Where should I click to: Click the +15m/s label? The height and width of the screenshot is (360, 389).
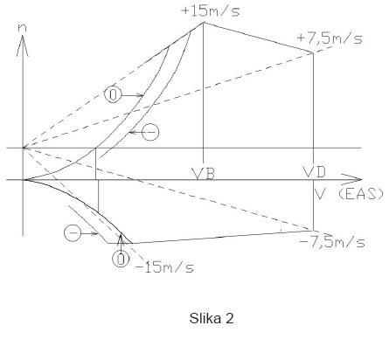click(211, 11)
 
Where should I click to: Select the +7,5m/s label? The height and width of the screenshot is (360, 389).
click(330, 38)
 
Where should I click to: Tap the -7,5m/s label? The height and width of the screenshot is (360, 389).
click(332, 242)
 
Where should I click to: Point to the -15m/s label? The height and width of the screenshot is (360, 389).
click(164, 267)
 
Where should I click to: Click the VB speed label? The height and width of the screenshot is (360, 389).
click(204, 173)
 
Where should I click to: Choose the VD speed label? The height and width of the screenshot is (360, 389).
click(314, 172)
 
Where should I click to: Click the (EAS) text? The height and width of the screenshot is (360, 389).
click(361, 194)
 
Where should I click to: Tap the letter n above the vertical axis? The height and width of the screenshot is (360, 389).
click(22, 28)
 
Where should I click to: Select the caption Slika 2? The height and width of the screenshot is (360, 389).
click(212, 318)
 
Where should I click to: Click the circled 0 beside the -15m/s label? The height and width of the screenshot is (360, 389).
click(121, 260)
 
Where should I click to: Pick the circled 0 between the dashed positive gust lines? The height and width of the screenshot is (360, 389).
click(113, 94)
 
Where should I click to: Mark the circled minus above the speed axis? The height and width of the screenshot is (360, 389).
click(150, 133)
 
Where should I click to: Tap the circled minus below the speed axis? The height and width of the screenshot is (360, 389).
click(73, 233)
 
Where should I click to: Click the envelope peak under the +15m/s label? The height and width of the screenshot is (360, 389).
click(203, 23)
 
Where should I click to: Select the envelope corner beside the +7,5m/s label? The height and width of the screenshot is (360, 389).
click(313, 52)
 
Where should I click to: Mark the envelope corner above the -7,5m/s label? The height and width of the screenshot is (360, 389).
click(313, 231)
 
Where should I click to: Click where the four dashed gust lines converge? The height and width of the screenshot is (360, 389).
click(24, 148)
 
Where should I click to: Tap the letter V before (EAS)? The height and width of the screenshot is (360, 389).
click(320, 194)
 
